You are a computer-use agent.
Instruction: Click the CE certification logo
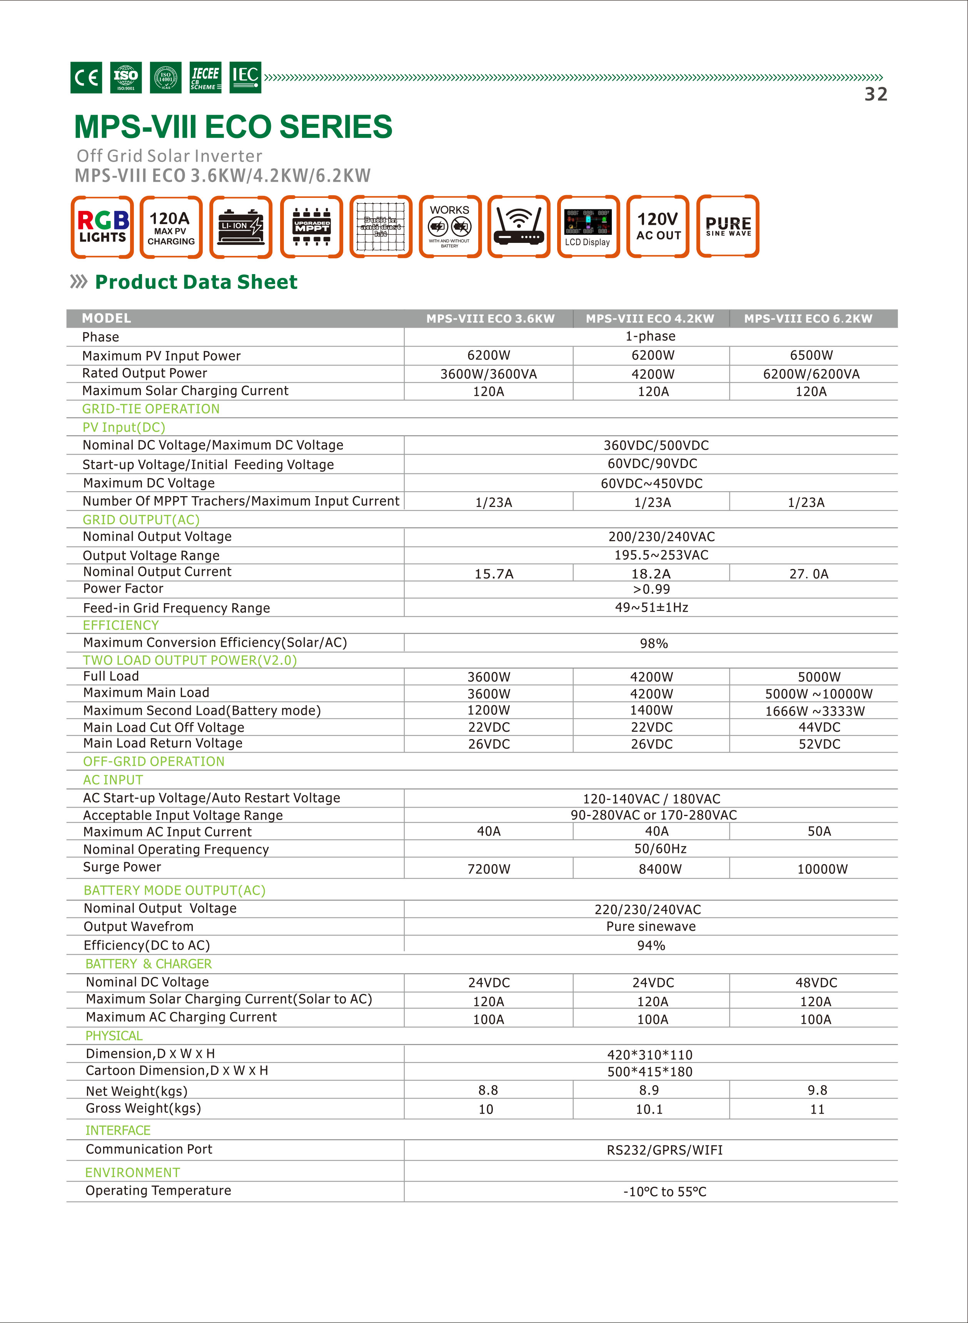coord(86,77)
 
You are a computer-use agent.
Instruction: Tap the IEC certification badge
coord(245,77)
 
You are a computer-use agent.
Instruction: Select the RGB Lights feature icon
coord(103,227)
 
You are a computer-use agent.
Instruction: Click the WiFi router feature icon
coord(519,227)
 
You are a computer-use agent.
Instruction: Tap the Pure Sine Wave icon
coord(728,227)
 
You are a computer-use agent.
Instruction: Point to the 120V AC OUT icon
coord(658,227)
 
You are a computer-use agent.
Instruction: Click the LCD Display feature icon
coord(588,227)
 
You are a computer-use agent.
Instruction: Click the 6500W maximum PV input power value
coord(811,355)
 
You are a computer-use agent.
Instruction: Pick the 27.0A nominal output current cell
coord(809,574)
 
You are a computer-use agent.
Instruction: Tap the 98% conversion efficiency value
coord(653,644)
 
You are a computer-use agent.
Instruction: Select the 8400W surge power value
coord(660,869)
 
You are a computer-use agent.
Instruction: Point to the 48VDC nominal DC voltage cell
coord(816,982)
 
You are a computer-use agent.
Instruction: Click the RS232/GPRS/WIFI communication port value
coord(664,1150)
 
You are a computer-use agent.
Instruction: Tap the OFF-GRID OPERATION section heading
coord(154,761)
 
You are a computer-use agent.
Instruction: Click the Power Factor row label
coord(123,589)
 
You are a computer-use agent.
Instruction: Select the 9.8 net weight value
coord(817,1090)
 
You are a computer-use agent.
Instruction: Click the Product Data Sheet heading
coord(196,282)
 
